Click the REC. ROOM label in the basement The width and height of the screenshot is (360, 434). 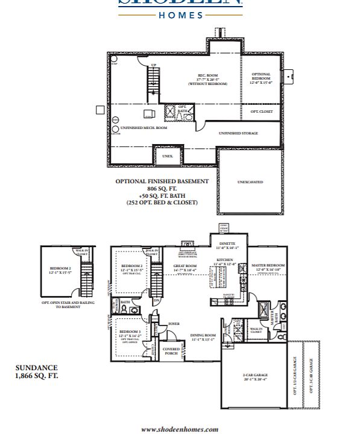(x=207, y=77)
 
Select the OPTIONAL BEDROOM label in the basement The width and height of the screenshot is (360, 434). (x=261, y=77)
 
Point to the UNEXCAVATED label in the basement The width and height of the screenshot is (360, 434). (x=250, y=181)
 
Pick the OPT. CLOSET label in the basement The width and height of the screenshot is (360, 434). (x=261, y=112)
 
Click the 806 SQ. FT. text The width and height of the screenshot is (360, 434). (x=162, y=189)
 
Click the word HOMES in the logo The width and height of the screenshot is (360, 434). (x=181, y=15)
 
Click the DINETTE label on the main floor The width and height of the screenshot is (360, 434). (x=227, y=244)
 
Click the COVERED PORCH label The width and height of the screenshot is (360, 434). (x=171, y=350)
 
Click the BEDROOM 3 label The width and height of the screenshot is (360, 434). (x=130, y=332)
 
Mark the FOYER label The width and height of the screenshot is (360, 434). (x=174, y=324)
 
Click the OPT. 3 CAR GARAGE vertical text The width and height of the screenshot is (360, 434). (x=311, y=376)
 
